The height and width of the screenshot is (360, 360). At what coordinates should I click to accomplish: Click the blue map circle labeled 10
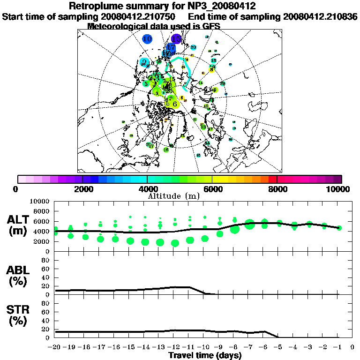click(x=148, y=39)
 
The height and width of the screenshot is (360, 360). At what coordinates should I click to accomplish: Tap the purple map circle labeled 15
click(x=176, y=39)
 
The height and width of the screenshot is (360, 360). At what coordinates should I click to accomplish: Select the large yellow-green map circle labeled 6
click(x=175, y=104)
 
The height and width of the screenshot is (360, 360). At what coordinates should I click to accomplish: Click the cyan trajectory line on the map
click(x=188, y=70)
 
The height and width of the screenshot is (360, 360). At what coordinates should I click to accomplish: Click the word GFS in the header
click(x=210, y=26)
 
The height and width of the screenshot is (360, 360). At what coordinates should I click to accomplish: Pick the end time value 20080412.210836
click(x=320, y=16)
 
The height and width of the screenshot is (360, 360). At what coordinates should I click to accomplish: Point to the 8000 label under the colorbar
click(x=277, y=189)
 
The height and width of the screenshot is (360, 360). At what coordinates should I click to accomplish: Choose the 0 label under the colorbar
click(x=18, y=189)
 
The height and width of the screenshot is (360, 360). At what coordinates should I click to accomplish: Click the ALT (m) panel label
click(x=19, y=225)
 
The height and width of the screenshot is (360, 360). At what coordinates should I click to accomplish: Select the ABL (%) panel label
click(x=19, y=276)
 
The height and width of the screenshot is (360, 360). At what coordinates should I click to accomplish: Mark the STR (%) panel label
click(x=19, y=315)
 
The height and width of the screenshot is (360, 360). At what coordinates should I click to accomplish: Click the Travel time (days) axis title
click(x=205, y=355)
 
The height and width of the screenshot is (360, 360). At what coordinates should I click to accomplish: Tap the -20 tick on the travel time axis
click(x=55, y=347)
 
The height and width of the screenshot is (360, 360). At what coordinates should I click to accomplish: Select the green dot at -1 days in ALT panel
click(x=339, y=228)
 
